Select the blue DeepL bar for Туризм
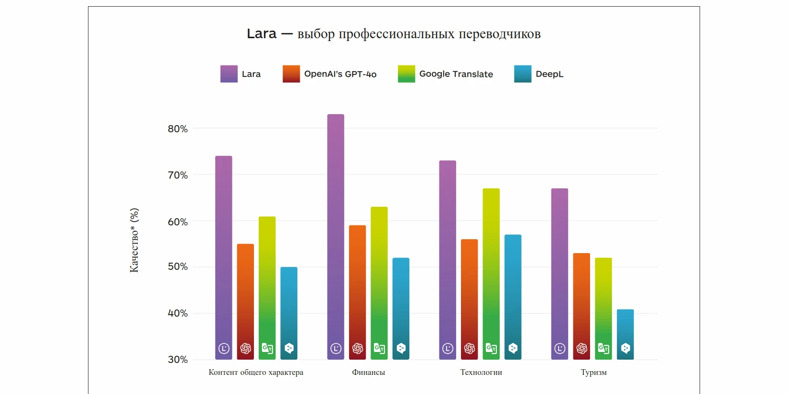click(x=625, y=330)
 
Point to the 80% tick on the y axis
click(x=177, y=129)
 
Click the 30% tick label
click(x=177, y=360)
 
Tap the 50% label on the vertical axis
click(x=177, y=266)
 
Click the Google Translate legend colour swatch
click(x=406, y=74)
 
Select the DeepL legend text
click(x=549, y=74)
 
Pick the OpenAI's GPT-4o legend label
click(x=340, y=74)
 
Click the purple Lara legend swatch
click(x=229, y=74)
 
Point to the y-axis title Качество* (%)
click(x=134, y=240)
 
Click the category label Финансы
click(x=368, y=373)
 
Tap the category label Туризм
click(x=593, y=373)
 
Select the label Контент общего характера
click(x=256, y=373)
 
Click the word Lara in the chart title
click(x=262, y=34)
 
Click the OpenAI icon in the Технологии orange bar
click(x=469, y=349)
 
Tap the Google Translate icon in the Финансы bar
click(x=379, y=349)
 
